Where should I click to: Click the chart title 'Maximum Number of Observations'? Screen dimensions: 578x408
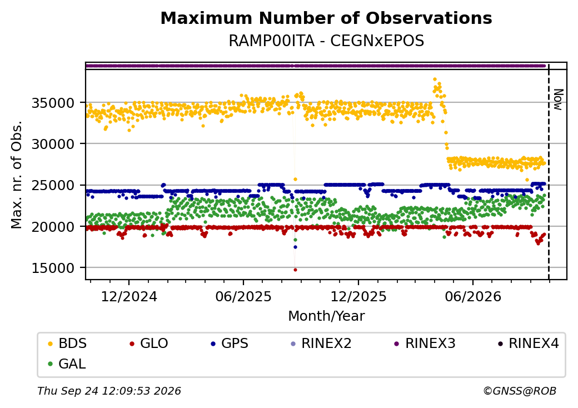point(326,18)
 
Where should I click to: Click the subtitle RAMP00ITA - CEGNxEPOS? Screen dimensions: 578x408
point(326,41)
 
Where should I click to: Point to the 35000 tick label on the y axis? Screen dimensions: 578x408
point(53,103)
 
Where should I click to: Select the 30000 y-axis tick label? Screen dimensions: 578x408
point(53,144)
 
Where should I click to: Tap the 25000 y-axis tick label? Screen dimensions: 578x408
point(53,186)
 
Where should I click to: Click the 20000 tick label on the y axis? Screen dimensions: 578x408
point(53,227)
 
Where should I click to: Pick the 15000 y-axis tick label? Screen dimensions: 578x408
point(53,268)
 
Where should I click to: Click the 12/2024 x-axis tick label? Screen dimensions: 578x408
point(129,297)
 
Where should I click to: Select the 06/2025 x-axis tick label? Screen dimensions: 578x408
point(243,297)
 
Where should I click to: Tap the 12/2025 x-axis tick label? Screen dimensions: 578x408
point(358,297)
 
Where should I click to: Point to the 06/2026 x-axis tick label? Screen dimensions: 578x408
point(473,297)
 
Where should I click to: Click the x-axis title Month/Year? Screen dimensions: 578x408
point(326,316)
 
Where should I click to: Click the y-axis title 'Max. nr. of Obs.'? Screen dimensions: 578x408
point(17,175)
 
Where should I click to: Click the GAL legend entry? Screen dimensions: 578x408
point(67,364)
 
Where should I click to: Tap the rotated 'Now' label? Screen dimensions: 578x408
point(559,99)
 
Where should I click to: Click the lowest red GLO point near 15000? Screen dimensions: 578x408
point(295,270)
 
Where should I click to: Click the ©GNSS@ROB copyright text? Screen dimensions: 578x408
point(520,391)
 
